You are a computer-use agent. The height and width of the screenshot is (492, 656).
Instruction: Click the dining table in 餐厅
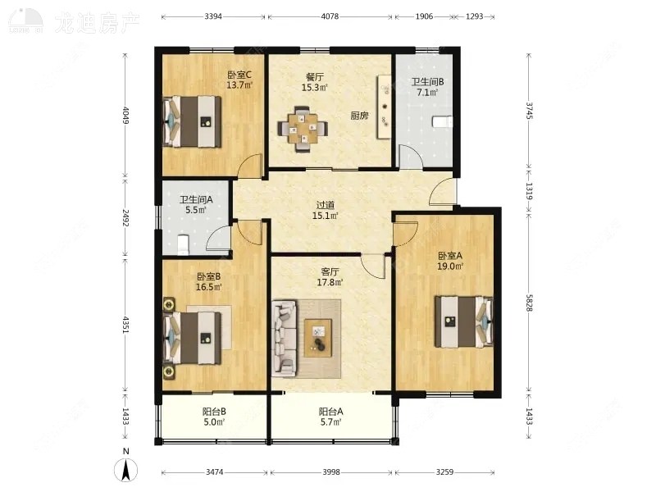point(303,129)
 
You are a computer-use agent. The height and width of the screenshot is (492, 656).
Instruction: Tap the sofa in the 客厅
point(285,338)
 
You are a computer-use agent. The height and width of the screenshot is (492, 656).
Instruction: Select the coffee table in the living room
point(318,338)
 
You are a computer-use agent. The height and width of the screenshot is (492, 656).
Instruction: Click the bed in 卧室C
point(192,121)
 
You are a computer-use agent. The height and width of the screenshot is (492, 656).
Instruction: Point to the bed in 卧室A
point(464,321)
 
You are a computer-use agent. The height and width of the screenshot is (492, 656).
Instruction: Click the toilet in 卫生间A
point(183,244)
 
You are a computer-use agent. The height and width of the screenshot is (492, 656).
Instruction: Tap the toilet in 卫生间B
point(442,121)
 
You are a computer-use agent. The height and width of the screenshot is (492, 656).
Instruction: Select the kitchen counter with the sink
point(384,107)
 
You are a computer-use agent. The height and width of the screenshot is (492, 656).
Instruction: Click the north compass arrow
point(126,470)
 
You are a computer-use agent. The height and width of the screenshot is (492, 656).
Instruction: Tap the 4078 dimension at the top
point(330,16)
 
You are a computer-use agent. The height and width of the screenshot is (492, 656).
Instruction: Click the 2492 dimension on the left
point(125,217)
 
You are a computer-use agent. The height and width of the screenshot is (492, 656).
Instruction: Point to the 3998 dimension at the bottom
point(331,472)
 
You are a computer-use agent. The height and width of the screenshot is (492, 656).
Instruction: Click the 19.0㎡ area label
point(450,266)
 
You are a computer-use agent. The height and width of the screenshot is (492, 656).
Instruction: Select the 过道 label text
point(325,205)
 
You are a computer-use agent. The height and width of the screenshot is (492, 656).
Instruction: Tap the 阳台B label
point(214,412)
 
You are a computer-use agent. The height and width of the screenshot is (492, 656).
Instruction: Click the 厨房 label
point(359,116)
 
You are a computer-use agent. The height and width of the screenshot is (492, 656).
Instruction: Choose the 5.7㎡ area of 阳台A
point(331,422)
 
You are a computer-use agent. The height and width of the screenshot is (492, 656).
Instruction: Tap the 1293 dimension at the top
point(475,16)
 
